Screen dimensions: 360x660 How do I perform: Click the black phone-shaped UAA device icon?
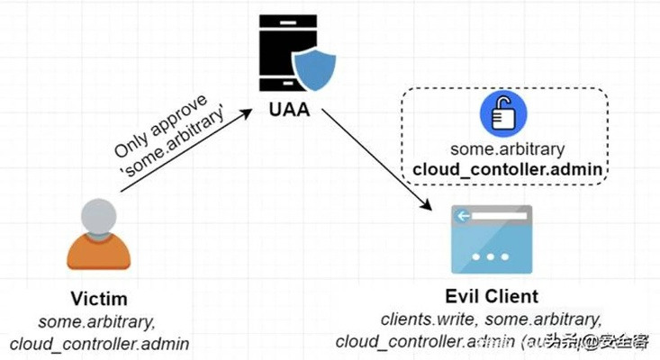click(283, 54)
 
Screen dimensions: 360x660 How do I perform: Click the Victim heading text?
click(99, 298)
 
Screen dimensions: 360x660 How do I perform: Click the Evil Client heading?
click(492, 296)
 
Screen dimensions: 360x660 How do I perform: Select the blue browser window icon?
click(491, 239)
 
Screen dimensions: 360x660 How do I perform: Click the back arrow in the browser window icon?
click(462, 215)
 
